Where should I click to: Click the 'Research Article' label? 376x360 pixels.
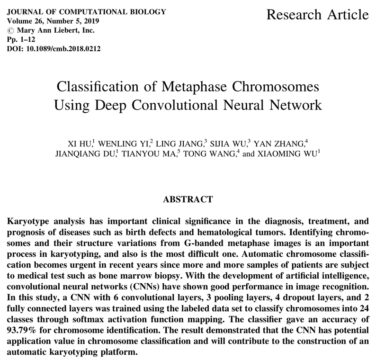(317, 15)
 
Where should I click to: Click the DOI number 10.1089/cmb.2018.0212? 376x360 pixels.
(66, 48)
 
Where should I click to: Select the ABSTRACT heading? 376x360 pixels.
(188, 199)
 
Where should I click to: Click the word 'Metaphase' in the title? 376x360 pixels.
(204, 88)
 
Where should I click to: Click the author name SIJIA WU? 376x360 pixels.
(229, 144)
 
